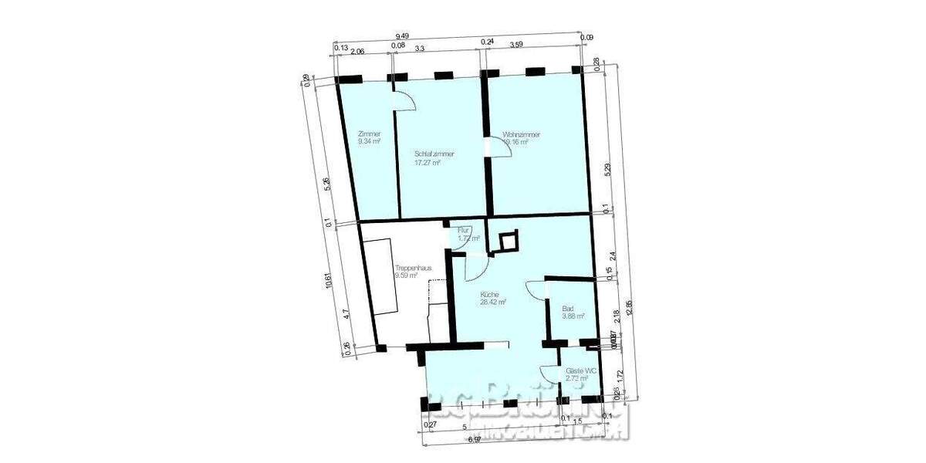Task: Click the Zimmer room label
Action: tap(370, 134)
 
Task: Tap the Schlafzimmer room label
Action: tap(434, 154)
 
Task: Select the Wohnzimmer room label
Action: tap(521, 134)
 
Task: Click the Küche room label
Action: tap(490, 294)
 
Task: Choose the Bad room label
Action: tap(568, 307)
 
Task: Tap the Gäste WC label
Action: tap(581, 371)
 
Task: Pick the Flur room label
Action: tap(464, 230)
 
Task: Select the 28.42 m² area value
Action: tap(492, 302)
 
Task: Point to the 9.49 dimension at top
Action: tap(401, 35)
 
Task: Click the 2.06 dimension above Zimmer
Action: tap(357, 53)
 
